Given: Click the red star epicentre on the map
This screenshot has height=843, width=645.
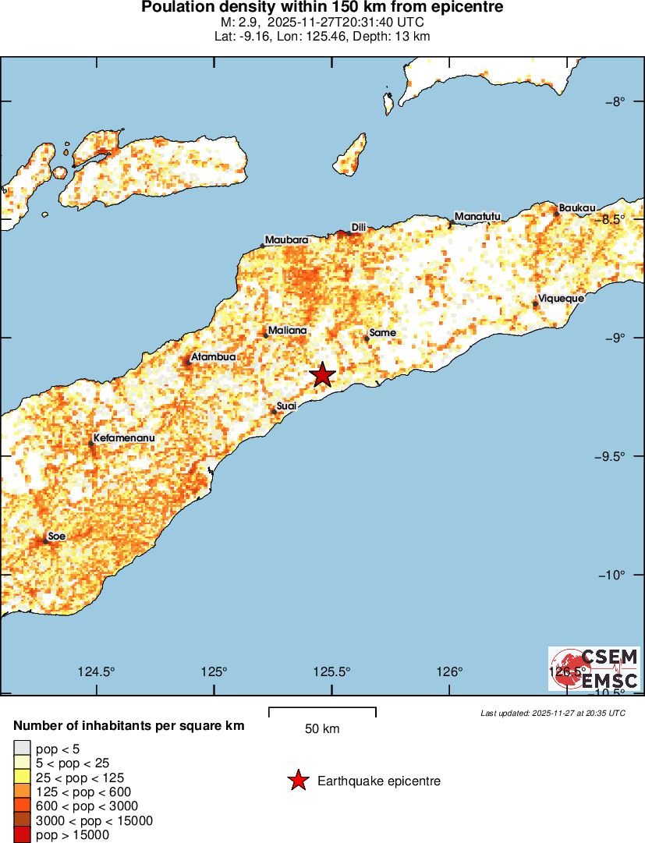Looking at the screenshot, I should (x=322, y=375).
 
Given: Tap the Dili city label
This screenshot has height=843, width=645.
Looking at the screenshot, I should (x=359, y=227).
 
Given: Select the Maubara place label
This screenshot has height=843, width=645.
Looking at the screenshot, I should (x=286, y=239).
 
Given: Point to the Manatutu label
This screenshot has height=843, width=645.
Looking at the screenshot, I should (x=477, y=216).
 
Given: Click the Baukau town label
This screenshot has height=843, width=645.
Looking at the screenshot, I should (x=577, y=207).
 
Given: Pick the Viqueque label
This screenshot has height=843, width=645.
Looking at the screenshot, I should (x=561, y=298).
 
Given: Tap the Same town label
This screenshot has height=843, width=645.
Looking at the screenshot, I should (x=382, y=333).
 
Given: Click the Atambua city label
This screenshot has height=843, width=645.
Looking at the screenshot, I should (x=213, y=356).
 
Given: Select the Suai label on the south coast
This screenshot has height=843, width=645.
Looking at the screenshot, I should (x=286, y=406).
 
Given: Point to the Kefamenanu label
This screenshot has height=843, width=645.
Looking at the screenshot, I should (x=124, y=438).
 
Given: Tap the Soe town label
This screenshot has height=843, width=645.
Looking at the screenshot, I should (x=56, y=536).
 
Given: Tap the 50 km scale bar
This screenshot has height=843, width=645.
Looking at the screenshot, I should (x=322, y=711).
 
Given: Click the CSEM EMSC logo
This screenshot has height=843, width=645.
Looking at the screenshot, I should (x=595, y=668).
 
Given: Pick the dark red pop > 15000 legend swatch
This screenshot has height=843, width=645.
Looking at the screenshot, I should (x=22, y=835).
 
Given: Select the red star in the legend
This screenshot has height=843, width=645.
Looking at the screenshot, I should (x=297, y=781).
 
